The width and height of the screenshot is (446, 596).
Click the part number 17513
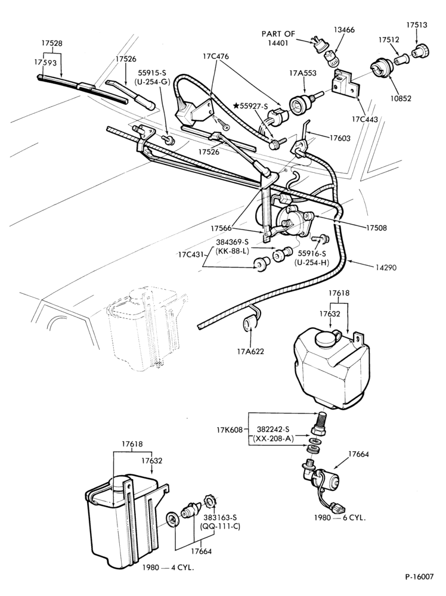[416, 25]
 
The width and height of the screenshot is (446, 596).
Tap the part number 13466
[344, 30]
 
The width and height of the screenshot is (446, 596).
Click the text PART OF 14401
[278, 38]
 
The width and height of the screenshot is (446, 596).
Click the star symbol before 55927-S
[236, 106]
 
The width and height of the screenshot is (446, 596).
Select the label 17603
[339, 138]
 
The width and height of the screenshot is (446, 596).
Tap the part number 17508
[376, 228]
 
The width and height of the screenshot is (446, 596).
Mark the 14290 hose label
[386, 268]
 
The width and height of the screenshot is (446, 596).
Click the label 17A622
[249, 351]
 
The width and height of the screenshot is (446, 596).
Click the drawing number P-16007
[419, 576]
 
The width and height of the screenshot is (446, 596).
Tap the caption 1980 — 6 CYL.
[340, 517]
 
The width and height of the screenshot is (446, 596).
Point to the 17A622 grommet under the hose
[249, 324]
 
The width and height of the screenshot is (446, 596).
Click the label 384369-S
[233, 242]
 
